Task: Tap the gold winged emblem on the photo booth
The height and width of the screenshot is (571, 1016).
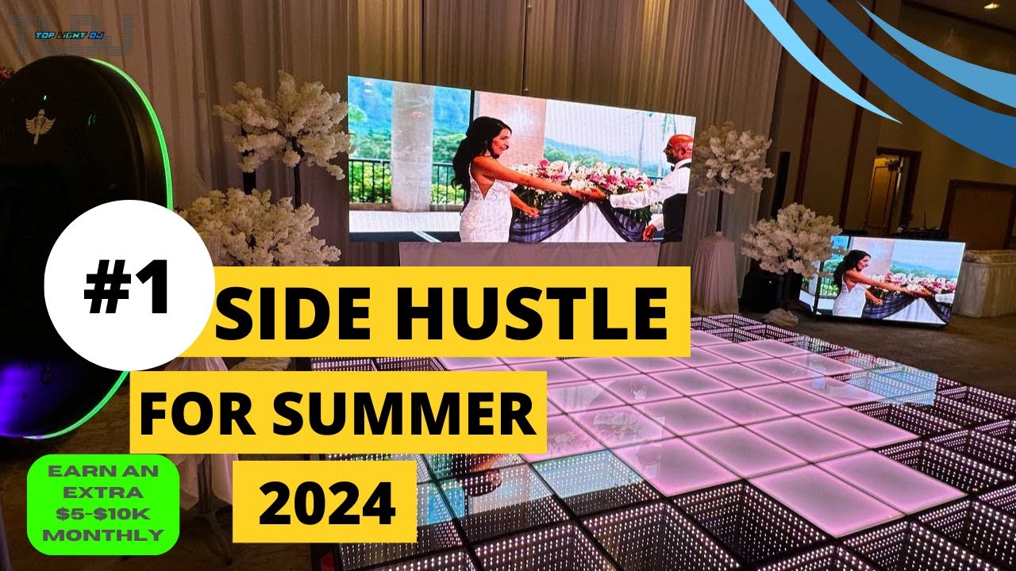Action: pos(37,126)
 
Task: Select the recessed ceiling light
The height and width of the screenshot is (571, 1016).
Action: pos(991,6)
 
